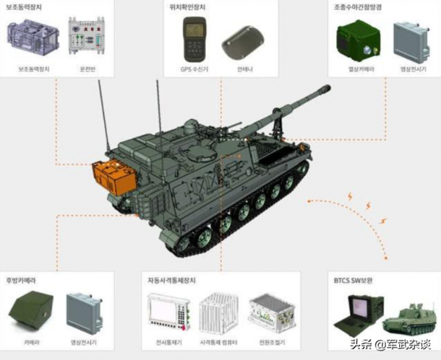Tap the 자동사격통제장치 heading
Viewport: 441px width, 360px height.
[x=176, y=280]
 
